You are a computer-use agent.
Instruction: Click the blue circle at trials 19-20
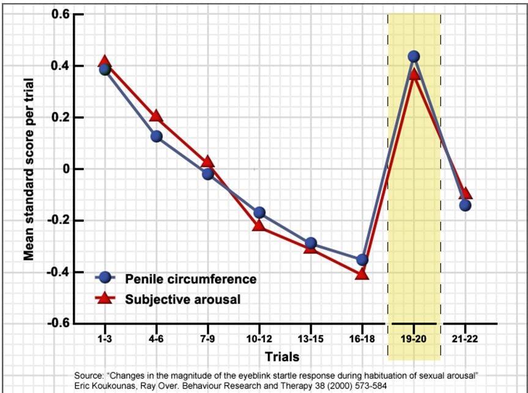[414, 56]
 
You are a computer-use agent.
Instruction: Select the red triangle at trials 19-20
[414, 75]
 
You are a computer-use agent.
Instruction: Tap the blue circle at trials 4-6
[156, 137]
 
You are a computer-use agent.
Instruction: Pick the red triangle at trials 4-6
[156, 116]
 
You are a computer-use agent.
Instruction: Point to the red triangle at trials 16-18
[362, 274]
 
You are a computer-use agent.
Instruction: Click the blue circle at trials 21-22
[465, 205]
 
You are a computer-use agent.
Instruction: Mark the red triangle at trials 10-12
[259, 225]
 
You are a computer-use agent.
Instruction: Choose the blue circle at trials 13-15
[311, 244]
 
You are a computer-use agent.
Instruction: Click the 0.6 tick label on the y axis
[59, 14]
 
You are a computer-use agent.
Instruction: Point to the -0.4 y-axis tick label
[58, 272]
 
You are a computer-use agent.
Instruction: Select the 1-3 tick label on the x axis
[105, 338]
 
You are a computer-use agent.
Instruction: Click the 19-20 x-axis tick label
[414, 338]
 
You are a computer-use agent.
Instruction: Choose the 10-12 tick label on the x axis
[259, 338]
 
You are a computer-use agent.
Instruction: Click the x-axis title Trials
[282, 356]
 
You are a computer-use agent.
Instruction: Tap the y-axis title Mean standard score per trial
[29, 169]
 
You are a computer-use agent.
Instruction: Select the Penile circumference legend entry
[190, 279]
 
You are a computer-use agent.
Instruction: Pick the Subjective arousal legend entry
[182, 299]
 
